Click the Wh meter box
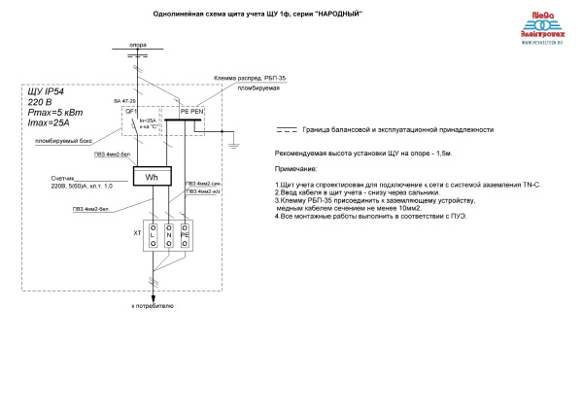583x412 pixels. click(152, 178)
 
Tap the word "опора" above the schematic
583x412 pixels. click(138, 45)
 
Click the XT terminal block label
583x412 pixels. click(137, 234)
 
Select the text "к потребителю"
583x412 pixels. click(153, 305)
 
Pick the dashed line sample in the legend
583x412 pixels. click(287, 129)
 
